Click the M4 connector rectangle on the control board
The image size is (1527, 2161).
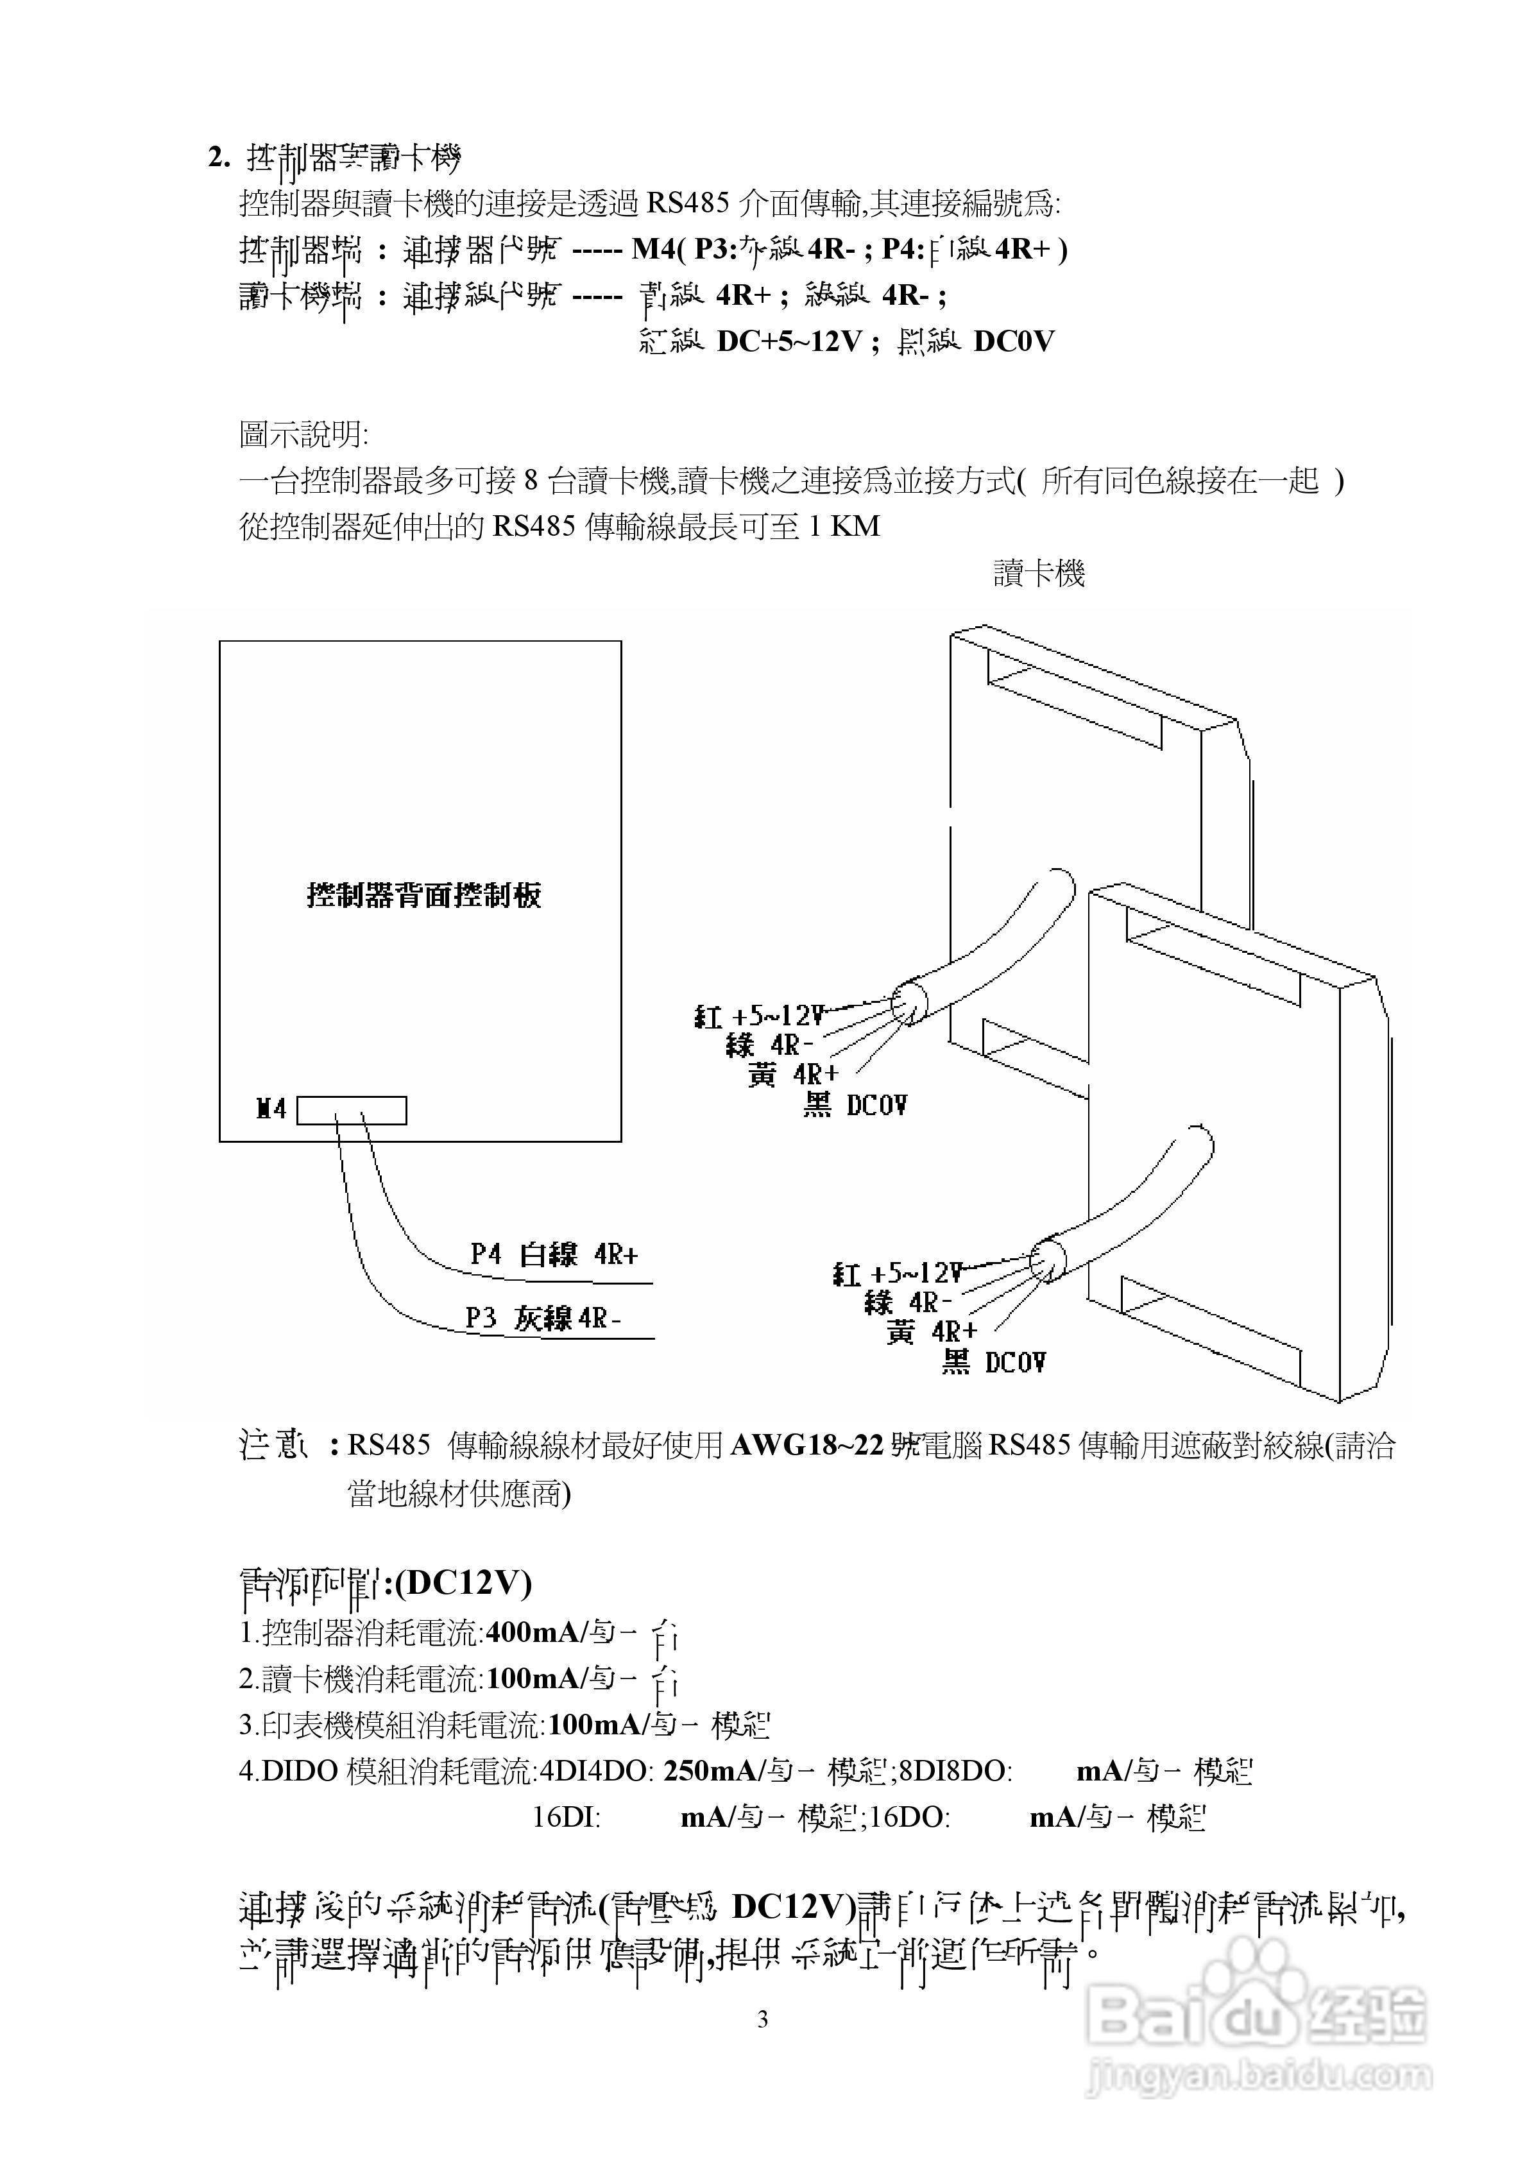(x=351, y=1111)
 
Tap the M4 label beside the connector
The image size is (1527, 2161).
(x=271, y=1109)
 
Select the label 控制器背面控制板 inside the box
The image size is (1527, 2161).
(x=423, y=895)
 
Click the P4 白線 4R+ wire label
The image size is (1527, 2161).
(x=554, y=1254)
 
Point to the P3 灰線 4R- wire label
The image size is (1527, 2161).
(x=543, y=1319)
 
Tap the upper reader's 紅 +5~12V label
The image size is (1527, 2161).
(x=759, y=1016)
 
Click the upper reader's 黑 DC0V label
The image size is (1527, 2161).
(x=855, y=1105)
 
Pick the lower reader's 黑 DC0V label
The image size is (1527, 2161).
(x=993, y=1362)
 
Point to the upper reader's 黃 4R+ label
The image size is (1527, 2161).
(x=792, y=1075)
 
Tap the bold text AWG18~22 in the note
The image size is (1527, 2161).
(x=808, y=1446)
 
